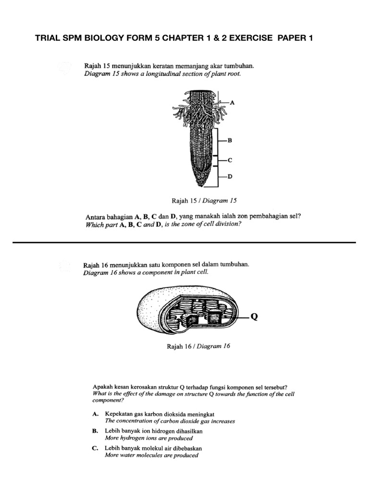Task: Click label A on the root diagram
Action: pyautogui.click(x=233, y=102)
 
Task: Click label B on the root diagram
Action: pyautogui.click(x=230, y=141)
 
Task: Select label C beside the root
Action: pyautogui.click(x=230, y=160)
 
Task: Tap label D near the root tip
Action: pyautogui.click(x=230, y=177)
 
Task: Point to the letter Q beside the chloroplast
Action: pyautogui.click(x=255, y=317)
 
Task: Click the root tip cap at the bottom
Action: pyautogui.click(x=200, y=182)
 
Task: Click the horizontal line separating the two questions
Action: pyautogui.click(x=184, y=243)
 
